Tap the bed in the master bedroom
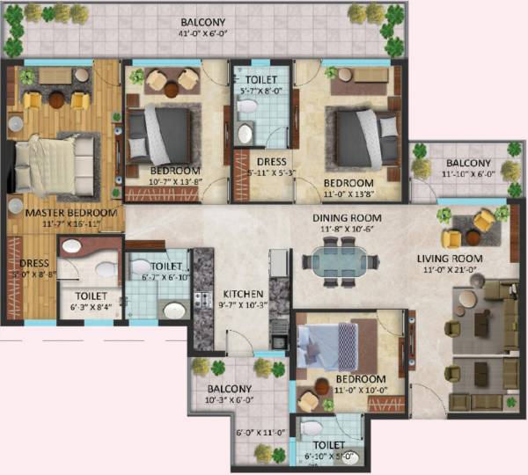coord(56,164)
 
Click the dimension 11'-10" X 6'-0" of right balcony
coord(467,176)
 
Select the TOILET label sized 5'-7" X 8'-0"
coord(261,79)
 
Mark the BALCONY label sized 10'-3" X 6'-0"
coord(230,389)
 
